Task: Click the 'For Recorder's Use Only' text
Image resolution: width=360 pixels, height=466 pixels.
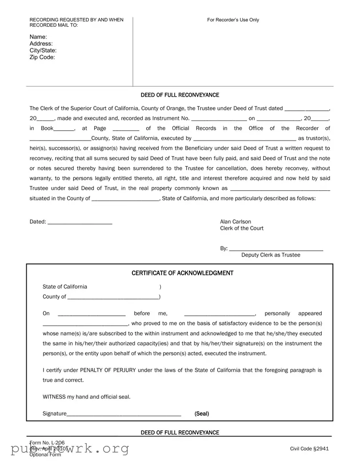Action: (233, 20)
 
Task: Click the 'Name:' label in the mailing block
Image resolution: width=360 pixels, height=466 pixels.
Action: (38, 37)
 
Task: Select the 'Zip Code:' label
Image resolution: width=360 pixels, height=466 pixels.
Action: (42, 57)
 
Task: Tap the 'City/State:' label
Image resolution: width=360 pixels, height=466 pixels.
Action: (43, 51)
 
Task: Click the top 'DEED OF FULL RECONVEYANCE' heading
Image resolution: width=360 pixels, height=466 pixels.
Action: (180, 95)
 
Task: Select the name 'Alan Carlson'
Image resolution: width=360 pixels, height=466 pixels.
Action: (236, 222)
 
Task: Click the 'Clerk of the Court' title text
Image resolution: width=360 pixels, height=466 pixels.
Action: (242, 229)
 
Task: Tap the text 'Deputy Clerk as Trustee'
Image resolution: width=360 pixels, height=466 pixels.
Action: (271, 255)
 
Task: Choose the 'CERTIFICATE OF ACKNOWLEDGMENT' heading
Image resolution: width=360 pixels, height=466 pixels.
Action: (182, 273)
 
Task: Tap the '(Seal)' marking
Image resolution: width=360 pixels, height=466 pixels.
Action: (202, 414)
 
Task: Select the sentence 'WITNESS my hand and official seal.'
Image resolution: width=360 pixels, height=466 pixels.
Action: (87, 397)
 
